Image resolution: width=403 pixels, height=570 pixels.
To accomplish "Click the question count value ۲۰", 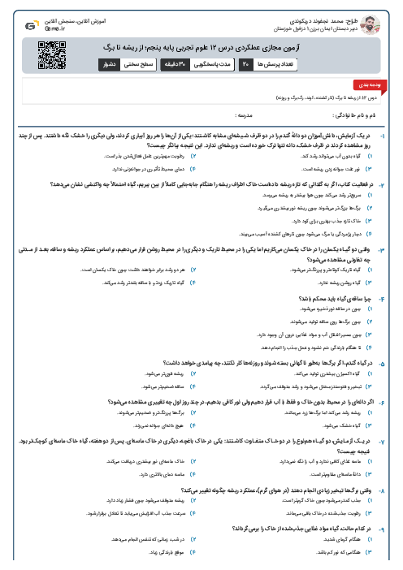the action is [246, 63].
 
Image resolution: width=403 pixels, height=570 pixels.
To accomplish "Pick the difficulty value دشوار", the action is [108, 63].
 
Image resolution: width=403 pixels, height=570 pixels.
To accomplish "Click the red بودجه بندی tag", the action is [380, 84].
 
